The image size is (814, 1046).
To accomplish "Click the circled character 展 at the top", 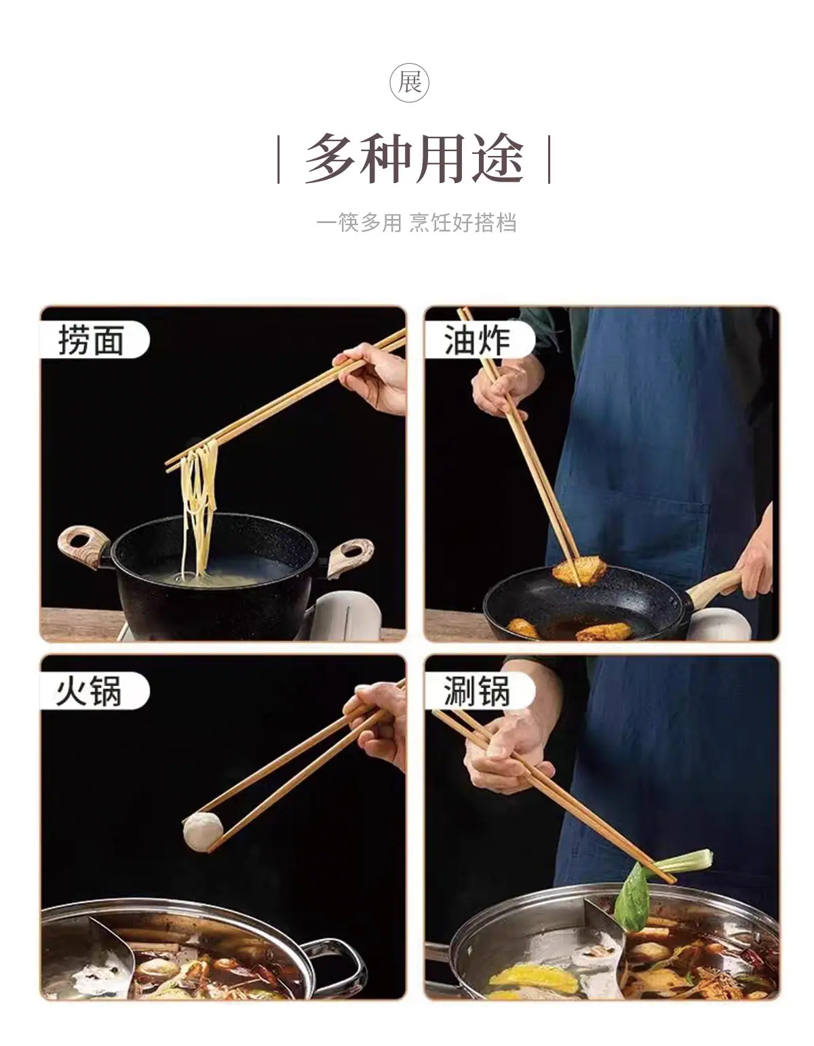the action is point(409,82).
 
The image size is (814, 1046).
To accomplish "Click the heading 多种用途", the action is point(414,159).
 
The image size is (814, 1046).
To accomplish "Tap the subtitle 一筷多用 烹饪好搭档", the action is point(416,223).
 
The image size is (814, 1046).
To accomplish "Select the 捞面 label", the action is point(91,340).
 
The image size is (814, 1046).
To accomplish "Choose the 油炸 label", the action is point(476,340).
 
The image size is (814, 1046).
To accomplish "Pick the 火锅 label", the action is point(89,691).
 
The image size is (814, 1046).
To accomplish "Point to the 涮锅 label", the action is point(476,691).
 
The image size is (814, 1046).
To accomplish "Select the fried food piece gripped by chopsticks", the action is point(579,570).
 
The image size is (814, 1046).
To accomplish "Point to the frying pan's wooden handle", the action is point(715,588).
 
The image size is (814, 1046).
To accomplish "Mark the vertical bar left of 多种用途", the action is point(278,159).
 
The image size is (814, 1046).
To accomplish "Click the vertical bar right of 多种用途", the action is point(549,159).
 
